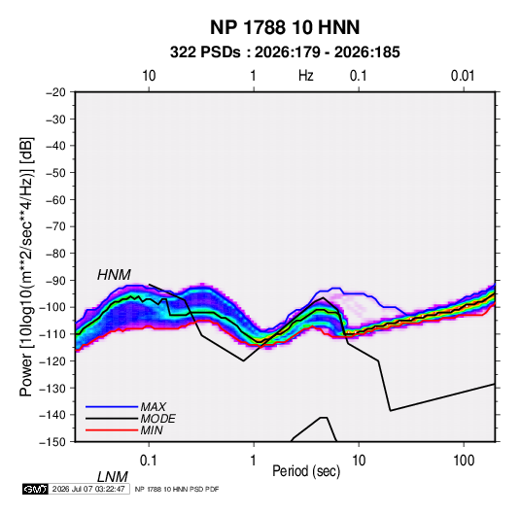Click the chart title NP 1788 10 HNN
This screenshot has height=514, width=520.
click(x=285, y=27)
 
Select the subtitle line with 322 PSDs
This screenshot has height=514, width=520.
click(x=285, y=52)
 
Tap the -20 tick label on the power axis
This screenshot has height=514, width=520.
click(x=55, y=92)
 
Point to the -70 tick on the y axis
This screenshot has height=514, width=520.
click(x=55, y=226)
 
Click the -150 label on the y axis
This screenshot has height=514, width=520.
click(x=53, y=442)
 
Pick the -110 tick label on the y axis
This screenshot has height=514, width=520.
click(x=53, y=334)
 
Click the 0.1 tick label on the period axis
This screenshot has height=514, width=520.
click(x=148, y=461)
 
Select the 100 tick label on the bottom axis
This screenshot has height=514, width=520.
click(x=464, y=461)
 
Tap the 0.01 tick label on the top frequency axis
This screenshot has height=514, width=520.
click(x=463, y=76)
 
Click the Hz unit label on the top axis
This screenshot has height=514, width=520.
click(x=306, y=76)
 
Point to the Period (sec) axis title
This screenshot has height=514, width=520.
click(x=306, y=471)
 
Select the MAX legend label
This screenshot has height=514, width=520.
click(x=154, y=407)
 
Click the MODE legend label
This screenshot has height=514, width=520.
click(x=157, y=419)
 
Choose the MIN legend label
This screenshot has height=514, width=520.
click(x=152, y=430)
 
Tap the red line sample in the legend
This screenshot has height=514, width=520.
click(x=112, y=430)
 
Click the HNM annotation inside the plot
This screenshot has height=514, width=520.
click(x=114, y=275)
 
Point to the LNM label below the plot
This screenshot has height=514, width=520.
click(x=112, y=477)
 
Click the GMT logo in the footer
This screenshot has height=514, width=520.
click(x=36, y=489)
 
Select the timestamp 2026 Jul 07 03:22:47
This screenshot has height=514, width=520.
click(x=88, y=489)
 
